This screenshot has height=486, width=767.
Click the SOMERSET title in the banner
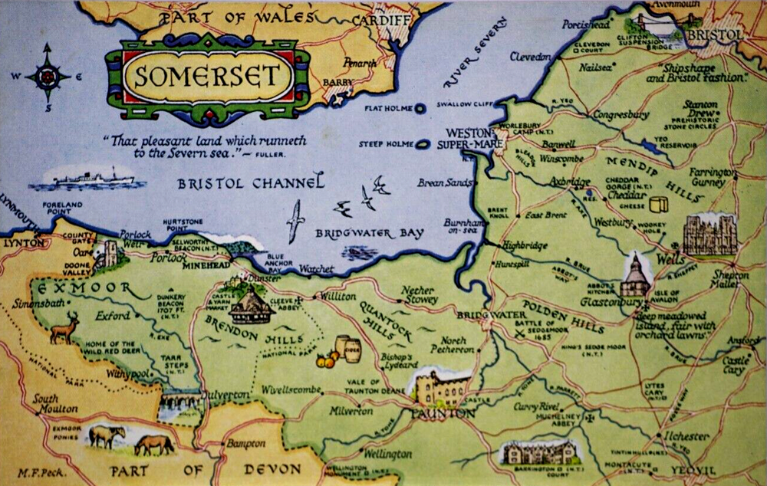(x=206, y=77)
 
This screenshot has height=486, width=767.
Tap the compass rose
(x=47, y=77)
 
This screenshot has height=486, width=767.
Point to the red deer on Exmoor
(x=65, y=328)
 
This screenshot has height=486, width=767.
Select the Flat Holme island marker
(x=420, y=109)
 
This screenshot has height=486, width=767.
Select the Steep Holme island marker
(x=423, y=143)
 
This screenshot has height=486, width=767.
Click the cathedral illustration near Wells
(x=709, y=234)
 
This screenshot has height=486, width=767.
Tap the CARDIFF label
(x=383, y=20)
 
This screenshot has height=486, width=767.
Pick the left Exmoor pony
(x=106, y=435)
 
